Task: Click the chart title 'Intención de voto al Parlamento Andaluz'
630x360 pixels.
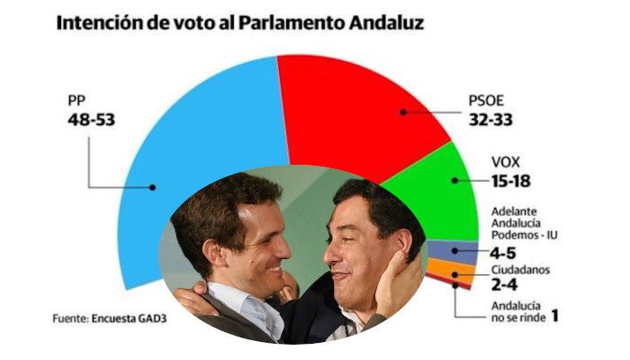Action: [240, 22]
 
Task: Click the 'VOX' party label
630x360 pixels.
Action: [506, 163]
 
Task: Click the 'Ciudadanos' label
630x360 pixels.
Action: [522, 269]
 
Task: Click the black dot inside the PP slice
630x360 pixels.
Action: [154, 187]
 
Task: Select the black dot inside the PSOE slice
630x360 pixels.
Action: [401, 112]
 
